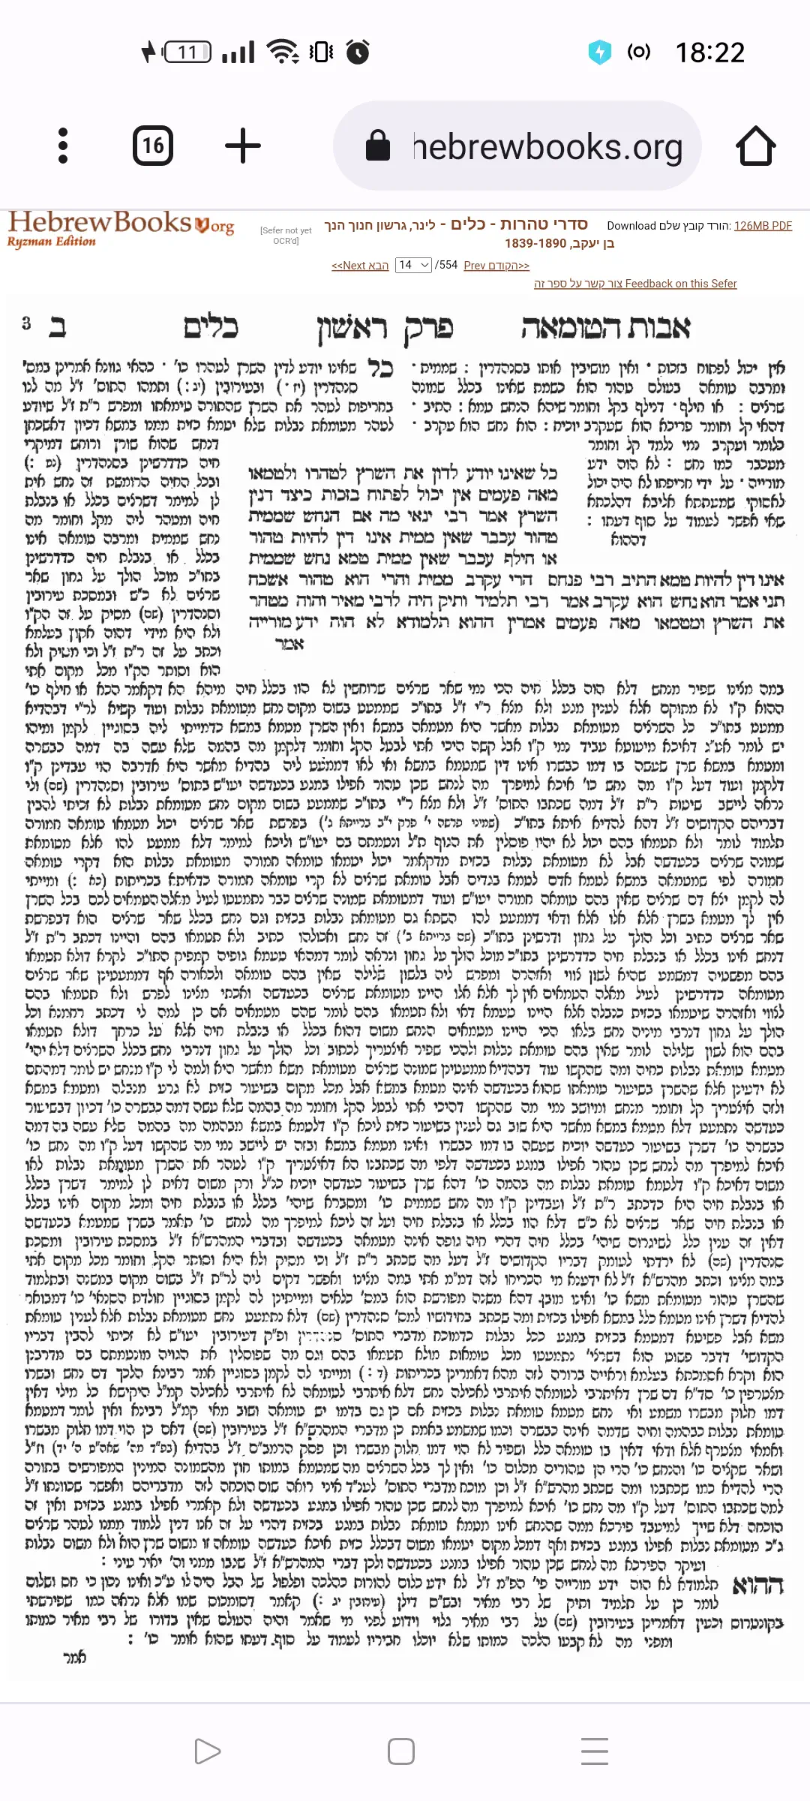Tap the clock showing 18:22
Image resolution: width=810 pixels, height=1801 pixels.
click(x=709, y=53)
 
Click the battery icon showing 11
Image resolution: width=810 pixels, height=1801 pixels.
click(x=188, y=53)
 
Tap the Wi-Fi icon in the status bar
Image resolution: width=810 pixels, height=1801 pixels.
click(x=283, y=52)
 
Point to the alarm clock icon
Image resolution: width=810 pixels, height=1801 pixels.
click(x=358, y=52)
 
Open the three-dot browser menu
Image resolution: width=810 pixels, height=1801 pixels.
click(x=63, y=146)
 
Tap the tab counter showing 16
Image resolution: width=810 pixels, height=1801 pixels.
click(x=153, y=146)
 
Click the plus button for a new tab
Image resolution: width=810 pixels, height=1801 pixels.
click(x=243, y=146)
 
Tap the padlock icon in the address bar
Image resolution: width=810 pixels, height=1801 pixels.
click(x=377, y=146)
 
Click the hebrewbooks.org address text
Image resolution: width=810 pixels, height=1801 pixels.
click(x=547, y=147)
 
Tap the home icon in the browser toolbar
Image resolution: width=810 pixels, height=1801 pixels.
click(x=755, y=146)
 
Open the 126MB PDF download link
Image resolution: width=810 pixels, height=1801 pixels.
click(x=763, y=226)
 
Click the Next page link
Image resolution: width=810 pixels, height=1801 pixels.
click(x=360, y=266)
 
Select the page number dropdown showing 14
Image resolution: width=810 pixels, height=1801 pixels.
click(x=413, y=265)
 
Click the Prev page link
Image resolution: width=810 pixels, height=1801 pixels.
click(x=496, y=266)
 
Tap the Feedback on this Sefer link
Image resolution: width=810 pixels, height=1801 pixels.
click(x=635, y=284)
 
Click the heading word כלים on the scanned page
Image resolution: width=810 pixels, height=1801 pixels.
click(x=211, y=327)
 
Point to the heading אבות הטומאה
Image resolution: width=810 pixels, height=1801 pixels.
click(x=605, y=327)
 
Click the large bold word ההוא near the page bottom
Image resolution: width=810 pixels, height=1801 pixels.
click(x=757, y=1586)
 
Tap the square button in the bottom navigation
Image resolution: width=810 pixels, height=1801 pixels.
click(x=401, y=1751)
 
